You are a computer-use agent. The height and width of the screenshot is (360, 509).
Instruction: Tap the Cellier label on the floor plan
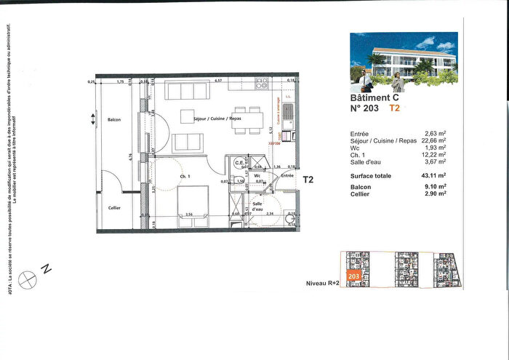(x=113, y=209)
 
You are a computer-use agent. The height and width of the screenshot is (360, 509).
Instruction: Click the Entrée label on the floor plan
(x=287, y=176)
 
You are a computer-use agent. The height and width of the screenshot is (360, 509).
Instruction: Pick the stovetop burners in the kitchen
(x=262, y=84)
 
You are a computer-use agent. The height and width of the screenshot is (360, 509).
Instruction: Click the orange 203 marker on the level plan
(x=353, y=277)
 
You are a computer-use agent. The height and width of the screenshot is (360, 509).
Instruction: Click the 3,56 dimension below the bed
(x=189, y=215)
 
